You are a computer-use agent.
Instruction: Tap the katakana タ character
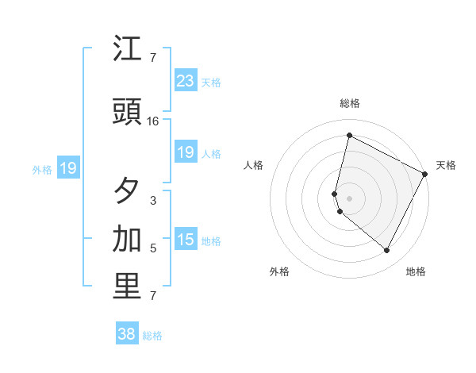pos(128,191)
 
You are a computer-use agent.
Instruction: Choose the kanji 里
pos(128,287)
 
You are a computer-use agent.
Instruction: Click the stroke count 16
pos(153,121)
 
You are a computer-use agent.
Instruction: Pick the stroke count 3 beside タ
pos(153,201)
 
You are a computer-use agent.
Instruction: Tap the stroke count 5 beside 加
pos(153,248)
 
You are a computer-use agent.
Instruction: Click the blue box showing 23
pos(185,81)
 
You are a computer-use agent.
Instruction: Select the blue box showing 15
pos(185,240)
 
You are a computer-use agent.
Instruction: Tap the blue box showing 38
pos(126,334)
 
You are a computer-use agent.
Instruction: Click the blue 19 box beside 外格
pos(67,168)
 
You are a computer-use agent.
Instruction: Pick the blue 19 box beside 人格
pos(185,152)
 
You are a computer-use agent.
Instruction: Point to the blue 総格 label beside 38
pos(152,336)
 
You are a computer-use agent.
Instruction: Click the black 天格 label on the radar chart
pos(446,165)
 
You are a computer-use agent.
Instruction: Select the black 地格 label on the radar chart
pos(416,271)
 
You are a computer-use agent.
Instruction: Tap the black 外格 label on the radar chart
pos(279,271)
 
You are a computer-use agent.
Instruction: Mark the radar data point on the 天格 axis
pos(426,174)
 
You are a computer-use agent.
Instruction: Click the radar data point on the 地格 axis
pos(387,251)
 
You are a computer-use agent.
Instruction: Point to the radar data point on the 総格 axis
pos(349,136)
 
